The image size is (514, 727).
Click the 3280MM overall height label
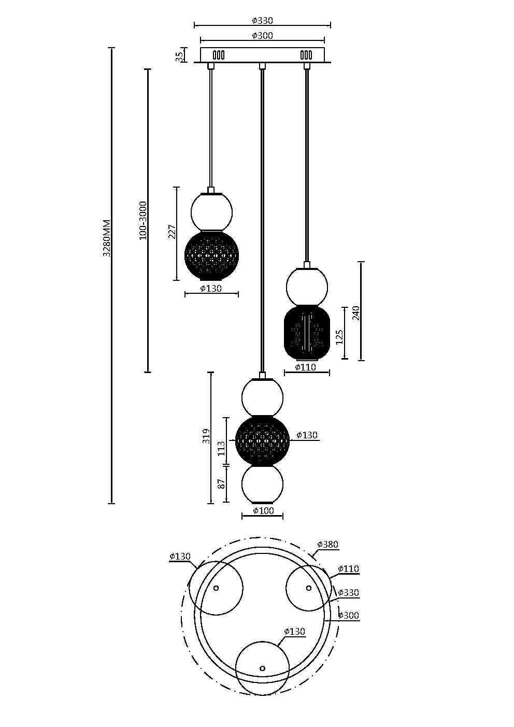[x=106, y=238]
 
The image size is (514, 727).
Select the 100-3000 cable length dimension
[x=143, y=220]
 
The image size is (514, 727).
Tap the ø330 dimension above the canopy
[x=262, y=21]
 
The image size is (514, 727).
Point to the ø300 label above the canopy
[x=262, y=36]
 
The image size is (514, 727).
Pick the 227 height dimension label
[x=172, y=232]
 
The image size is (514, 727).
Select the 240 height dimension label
[x=356, y=313]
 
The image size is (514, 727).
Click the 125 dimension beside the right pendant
[x=339, y=336]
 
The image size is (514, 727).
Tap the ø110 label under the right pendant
[x=306, y=367]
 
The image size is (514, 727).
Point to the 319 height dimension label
[x=206, y=436]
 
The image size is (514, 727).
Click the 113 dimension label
[x=221, y=448]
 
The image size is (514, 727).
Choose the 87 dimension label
[x=221, y=484]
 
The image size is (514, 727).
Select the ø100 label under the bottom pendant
[x=263, y=511]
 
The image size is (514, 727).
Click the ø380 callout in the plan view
[x=327, y=545]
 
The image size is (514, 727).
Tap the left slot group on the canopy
[x=219, y=54]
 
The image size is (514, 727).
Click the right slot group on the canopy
[x=306, y=54]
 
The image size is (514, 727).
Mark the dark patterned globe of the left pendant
[x=211, y=255]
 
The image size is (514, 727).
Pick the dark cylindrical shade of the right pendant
[x=307, y=333]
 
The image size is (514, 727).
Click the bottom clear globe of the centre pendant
[x=262, y=484]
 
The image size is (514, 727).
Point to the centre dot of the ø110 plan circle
[x=309, y=588]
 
